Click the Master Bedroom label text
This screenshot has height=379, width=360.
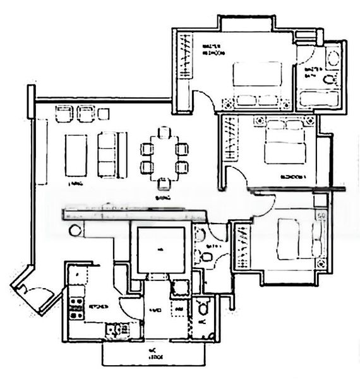pos(211,50)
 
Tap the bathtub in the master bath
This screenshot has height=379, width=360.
pos(319,99)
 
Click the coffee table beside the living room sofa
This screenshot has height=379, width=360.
pos(76,155)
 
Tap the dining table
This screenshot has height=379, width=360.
pos(164,158)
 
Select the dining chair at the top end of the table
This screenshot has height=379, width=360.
pos(164,133)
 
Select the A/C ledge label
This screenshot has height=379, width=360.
pos(155,354)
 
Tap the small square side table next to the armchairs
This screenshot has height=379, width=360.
pos(104,114)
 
